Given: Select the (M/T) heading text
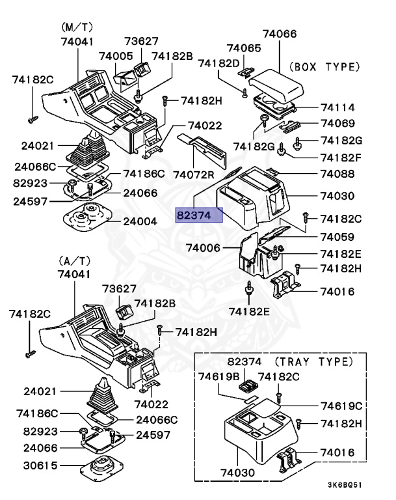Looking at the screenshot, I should [78, 27].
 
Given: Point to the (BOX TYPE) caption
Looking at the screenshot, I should [323, 66].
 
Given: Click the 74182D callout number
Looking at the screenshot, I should [219, 63].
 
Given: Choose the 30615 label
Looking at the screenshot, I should [41, 465].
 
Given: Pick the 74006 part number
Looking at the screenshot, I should [203, 247].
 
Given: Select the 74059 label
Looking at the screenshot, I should [337, 238].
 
